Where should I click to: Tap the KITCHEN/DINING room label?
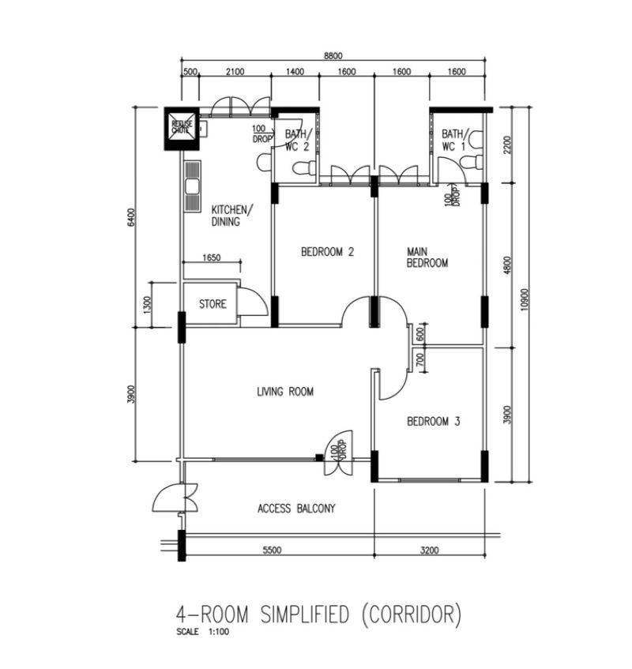231,216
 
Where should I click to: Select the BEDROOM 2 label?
327,253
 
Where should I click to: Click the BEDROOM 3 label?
433,422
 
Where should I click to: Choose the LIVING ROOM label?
285,391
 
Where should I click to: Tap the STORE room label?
212,304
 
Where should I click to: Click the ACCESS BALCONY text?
296,509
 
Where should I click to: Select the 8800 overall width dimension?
333,56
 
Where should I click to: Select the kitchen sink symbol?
191,186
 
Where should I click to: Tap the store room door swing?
252,303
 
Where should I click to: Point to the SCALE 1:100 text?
204,631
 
